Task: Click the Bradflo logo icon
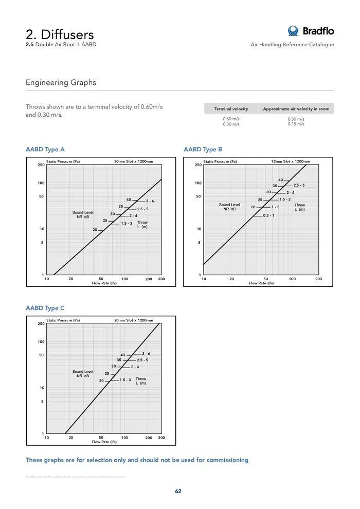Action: coord(293,31)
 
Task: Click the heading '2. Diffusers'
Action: coord(60,34)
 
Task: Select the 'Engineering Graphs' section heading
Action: coord(61,82)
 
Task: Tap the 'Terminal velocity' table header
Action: coord(231,109)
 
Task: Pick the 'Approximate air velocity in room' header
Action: coord(296,109)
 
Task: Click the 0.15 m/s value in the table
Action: coord(296,124)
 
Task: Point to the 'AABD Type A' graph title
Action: coord(45,150)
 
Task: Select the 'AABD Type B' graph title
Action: coord(203,150)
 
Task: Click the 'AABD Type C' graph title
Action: coord(45,308)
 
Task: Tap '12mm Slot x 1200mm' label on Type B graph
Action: coord(291,161)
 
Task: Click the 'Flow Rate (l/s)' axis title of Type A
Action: coord(104,283)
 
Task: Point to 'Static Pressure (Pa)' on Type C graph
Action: coord(63,320)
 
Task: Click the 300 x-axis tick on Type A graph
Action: coord(161,279)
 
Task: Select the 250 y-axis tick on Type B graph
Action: coord(198,165)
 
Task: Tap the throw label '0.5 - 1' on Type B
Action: coord(268,215)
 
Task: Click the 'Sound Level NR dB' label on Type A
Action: coord(83,214)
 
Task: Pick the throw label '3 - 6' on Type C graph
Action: coord(146,354)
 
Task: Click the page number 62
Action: coord(178,491)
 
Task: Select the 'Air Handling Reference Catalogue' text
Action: coord(292,45)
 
